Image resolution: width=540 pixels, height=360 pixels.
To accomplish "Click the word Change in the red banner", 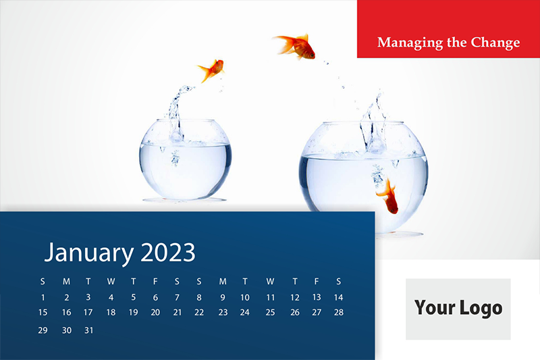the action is click(x=495, y=43).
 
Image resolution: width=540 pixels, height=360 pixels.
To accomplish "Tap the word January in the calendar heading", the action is click(x=89, y=253).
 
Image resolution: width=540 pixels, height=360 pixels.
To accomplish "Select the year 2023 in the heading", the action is click(x=168, y=252).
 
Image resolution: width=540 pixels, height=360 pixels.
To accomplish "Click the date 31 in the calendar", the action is click(x=89, y=330).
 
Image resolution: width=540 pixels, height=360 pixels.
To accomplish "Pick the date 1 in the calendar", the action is click(x=43, y=297).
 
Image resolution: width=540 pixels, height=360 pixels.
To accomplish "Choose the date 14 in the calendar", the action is click(x=339, y=297).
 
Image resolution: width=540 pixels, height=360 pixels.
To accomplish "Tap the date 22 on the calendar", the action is click(x=199, y=313).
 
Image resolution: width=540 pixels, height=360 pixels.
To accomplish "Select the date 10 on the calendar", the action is click(x=245, y=297).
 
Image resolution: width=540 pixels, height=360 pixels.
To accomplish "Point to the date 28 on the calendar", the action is click(x=339, y=313).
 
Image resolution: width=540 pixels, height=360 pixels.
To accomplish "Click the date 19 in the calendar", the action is click(x=133, y=313).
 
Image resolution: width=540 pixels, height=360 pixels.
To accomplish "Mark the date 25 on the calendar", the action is click(x=271, y=313).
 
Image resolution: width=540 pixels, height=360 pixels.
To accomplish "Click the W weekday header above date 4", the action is click(x=111, y=282).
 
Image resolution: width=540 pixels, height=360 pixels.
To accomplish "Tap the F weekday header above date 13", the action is click(x=317, y=282).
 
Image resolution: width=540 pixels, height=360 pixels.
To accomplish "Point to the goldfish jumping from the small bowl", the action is click(x=211, y=70).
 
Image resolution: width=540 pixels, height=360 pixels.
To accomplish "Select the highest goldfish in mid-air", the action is click(x=296, y=46).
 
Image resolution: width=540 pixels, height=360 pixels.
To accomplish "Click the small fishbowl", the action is click(x=185, y=159).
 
